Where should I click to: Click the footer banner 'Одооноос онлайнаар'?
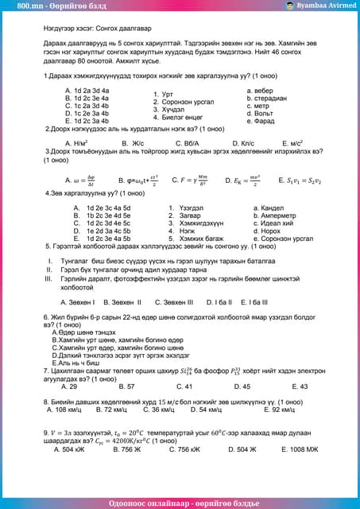[180, 502]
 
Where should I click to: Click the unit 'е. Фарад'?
[261, 121]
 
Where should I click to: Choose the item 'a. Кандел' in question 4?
[269, 208]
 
